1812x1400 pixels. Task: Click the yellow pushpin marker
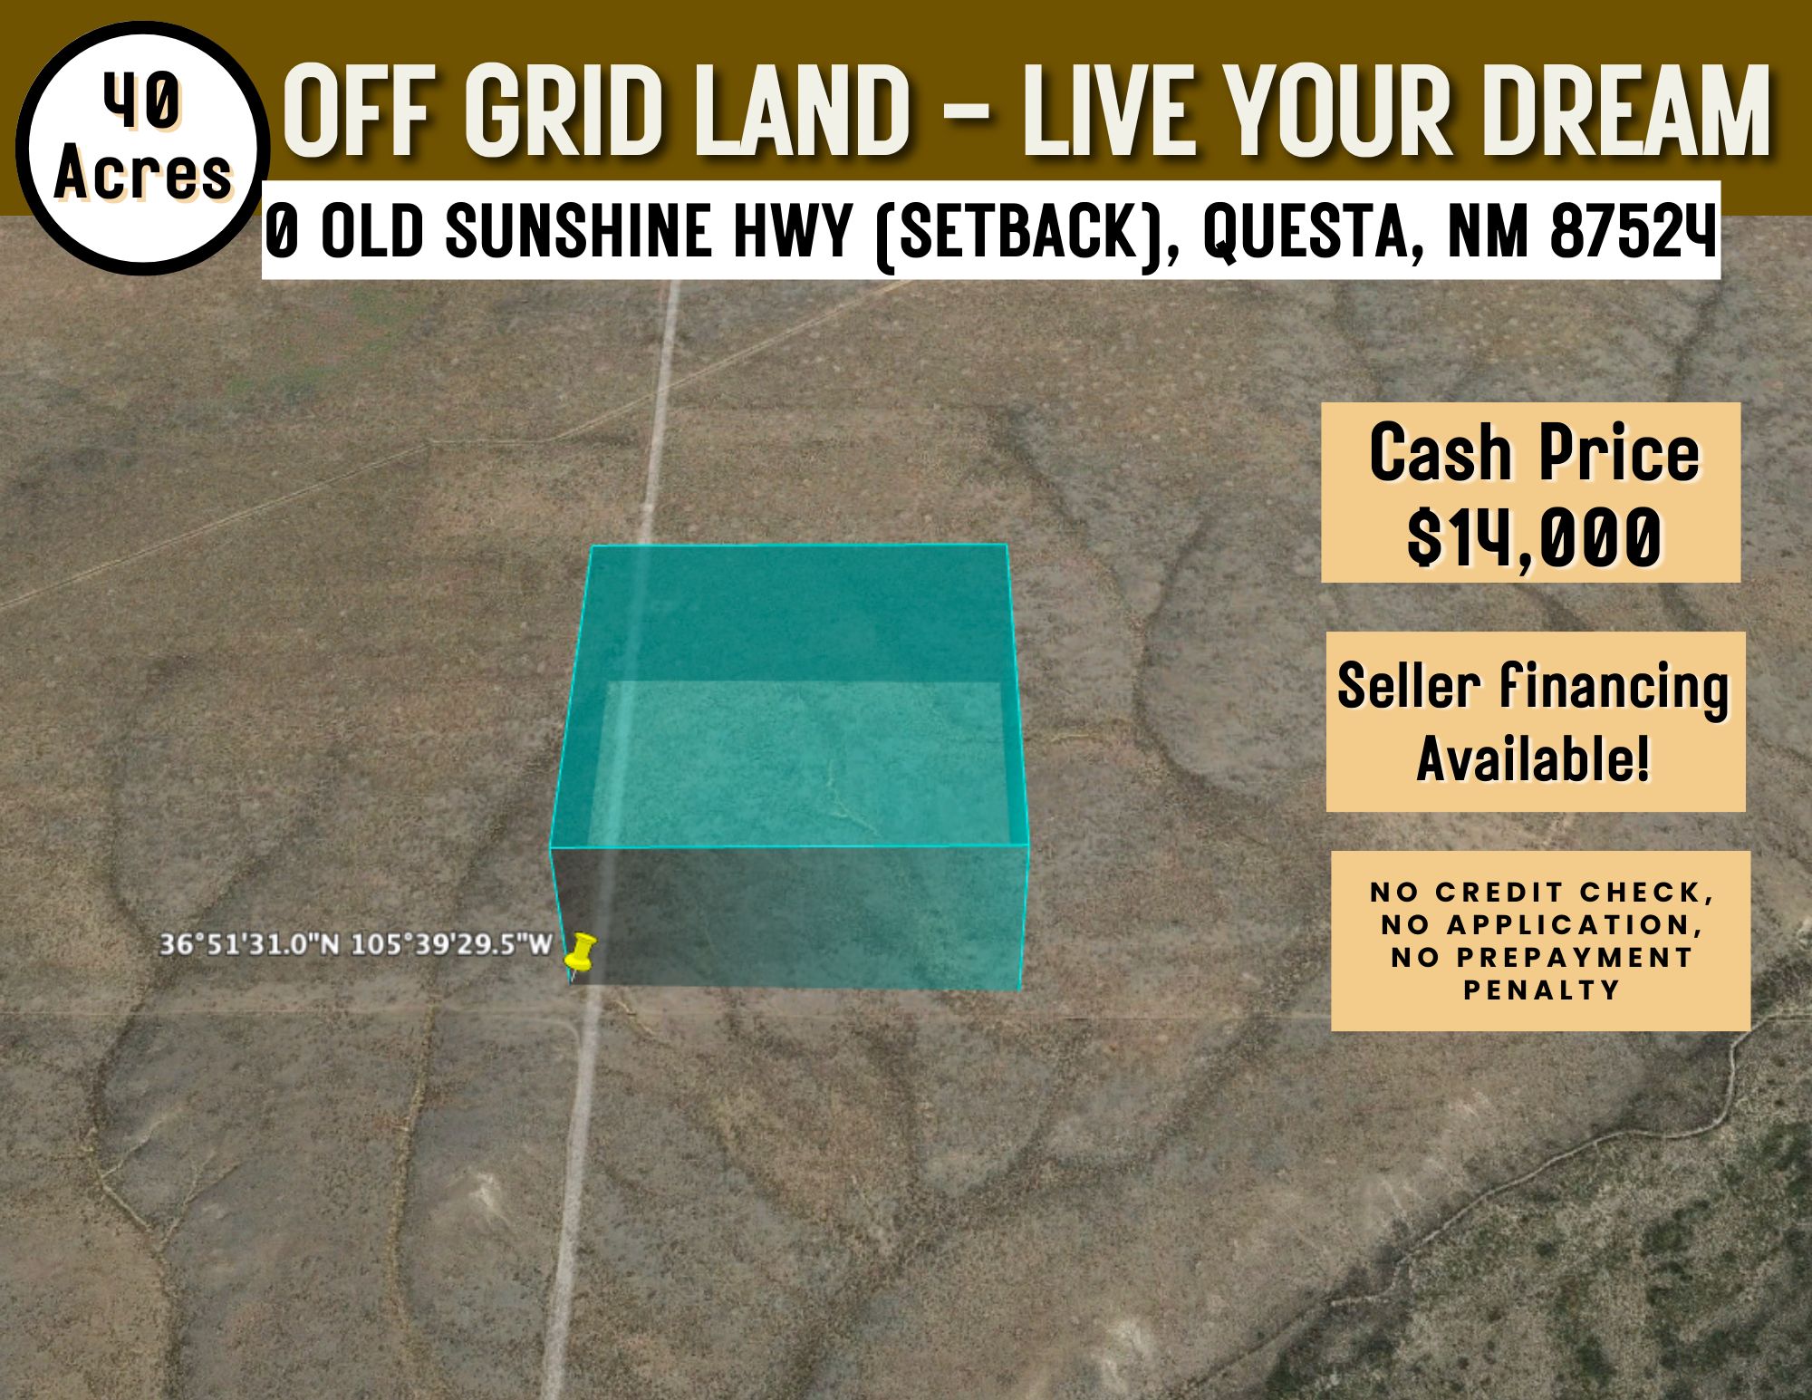[580, 951]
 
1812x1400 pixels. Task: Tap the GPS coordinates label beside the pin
[355, 944]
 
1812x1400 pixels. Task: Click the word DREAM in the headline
[1625, 111]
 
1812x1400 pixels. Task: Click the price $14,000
[1534, 537]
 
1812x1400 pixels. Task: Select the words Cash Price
[1534, 453]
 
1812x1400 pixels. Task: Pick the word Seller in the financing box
[1409, 686]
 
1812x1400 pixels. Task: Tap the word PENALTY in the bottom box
[1542, 990]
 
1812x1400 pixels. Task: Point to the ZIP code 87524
[1633, 231]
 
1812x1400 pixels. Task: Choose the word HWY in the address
[792, 231]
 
